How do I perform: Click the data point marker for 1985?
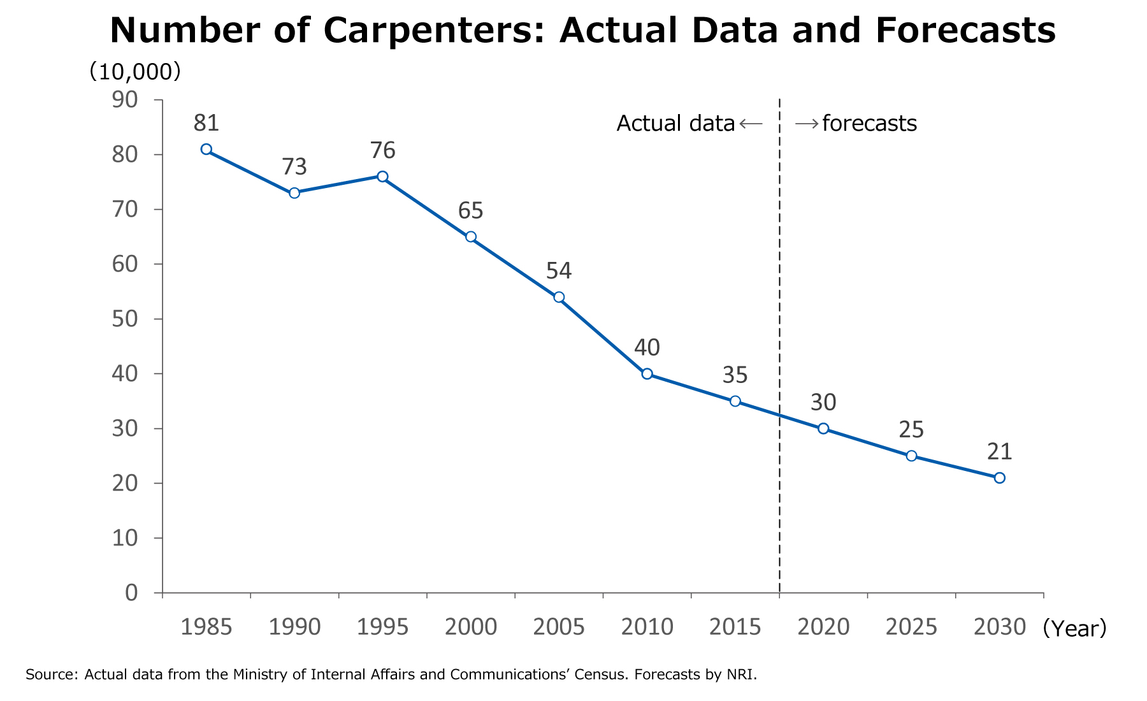coord(206,149)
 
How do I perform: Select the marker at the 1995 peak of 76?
coord(382,177)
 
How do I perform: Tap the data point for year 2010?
coord(647,374)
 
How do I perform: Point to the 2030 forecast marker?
coord(999,478)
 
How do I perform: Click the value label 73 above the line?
coord(294,167)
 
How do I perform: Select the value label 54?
coord(559,271)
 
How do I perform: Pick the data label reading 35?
coord(735,375)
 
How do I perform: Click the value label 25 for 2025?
coord(911,430)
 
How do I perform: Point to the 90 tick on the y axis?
coord(124,100)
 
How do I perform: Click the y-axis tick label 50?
coord(124,319)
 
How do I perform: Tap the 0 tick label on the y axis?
coord(131,593)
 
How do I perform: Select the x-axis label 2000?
coord(470,628)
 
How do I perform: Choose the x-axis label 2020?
coord(823,628)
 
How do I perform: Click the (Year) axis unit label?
coord(1075,629)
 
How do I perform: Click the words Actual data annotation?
coord(675,124)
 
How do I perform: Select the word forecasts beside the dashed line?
coord(869,124)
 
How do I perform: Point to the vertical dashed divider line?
coord(779,319)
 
